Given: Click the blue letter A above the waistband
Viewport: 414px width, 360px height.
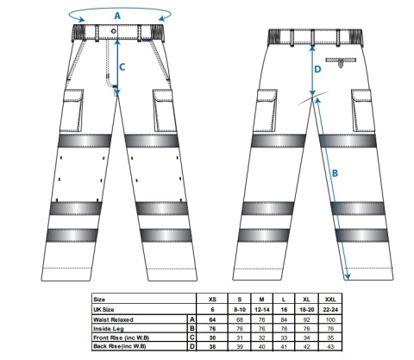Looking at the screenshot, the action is (x=117, y=16).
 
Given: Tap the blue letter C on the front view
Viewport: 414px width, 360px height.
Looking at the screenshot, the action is (x=122, y=67).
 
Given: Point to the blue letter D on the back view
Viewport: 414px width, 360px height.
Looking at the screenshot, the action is (x=317, y=69).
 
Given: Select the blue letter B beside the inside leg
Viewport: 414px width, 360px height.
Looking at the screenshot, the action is (x=335, y=174).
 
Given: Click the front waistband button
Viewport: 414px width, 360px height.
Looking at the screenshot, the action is (x=114, y=31).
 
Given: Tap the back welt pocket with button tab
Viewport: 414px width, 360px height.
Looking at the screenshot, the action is (x=341, y=62).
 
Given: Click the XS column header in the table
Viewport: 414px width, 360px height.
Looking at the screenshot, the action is (x=212, y=300).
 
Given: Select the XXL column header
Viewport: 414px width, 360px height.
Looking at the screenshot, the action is (x=330, y=300).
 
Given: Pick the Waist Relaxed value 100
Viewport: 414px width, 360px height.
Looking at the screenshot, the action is (x=330, y=319).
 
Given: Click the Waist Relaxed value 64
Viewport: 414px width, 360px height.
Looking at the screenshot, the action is (x=212, y=319).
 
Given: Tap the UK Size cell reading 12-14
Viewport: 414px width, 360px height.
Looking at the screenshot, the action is (x=261, y=310).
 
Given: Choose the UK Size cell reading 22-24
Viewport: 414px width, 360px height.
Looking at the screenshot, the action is (x=330, y=310).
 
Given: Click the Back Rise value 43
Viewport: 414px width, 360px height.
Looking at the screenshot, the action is (x=330, y=346).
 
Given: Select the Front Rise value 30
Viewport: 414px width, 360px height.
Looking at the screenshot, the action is (x=212, y=338).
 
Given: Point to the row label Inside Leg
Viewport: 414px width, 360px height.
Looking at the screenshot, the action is (x=109, y=329).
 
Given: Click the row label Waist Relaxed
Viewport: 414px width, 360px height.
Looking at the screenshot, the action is (x=113, y=319).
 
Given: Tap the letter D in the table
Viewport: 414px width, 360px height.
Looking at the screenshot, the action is (x=192, y=346).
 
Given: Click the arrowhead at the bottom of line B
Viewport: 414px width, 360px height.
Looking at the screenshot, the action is (x=348, y=277).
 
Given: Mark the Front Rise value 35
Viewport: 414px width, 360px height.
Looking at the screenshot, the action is (x=330, y=338).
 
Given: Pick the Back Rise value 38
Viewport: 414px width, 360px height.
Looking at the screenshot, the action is (x=212, y=346).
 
